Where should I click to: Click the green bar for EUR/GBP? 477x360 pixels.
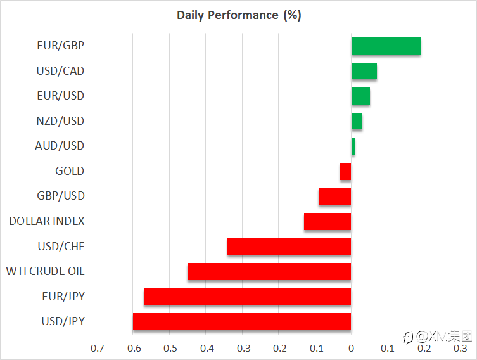click(x=386, y=46)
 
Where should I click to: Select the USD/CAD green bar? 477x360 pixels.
click(x=364, y=71)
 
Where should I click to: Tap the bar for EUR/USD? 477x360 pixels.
click(x=361, y=96)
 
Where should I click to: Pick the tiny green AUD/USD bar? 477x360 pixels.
click(x=353, y=146)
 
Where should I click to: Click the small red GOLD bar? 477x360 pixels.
click(x=346, y=171)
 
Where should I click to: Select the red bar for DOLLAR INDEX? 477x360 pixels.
click(x=328, y=222)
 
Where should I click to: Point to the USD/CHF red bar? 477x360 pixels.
click(x=289, y=246)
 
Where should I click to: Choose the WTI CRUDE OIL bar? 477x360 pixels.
click(x=269, y=271)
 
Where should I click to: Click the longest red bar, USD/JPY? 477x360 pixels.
click(x=242, y=321)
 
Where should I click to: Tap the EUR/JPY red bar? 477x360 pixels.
click(x=247, y=297)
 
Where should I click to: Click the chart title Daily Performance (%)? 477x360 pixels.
click(x=239, y=15)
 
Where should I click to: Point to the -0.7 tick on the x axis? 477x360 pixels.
click(x=96, y=348)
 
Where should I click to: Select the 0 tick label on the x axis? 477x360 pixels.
click(x=352, y=348)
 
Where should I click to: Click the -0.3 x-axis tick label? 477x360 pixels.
click(x=242, y=348)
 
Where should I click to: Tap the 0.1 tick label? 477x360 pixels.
click(x=388, y=348)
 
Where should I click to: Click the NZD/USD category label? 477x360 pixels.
click(x=60, y=121)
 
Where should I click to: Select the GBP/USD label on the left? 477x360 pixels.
click(x=61, y=196)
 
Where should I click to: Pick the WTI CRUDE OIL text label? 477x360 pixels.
click(x=46, y=271)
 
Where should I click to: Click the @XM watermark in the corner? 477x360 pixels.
click(x=438, y=337)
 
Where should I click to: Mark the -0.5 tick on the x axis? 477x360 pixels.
click(x=169, y=348)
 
